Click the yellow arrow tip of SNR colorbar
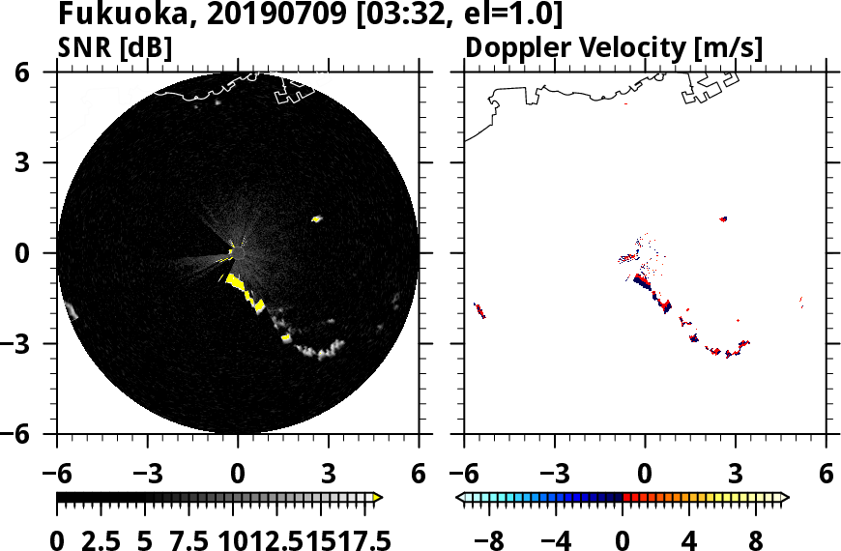pyautogui.click(x=377, y=497)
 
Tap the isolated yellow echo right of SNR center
pyautogui.click(x=316, y=219)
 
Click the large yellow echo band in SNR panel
pyautogui.click(x=248, y=294)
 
